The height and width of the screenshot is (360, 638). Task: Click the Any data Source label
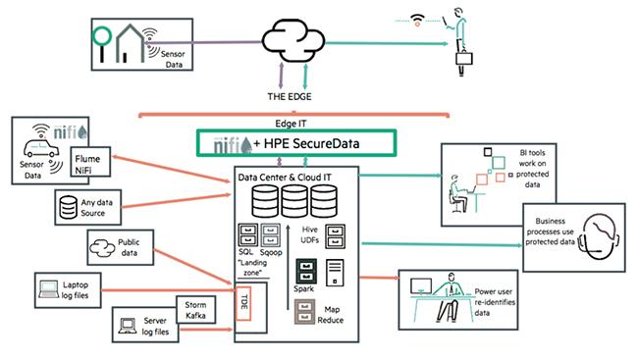(x=103, y=206)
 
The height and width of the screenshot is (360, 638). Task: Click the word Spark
(x=306, y=290)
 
